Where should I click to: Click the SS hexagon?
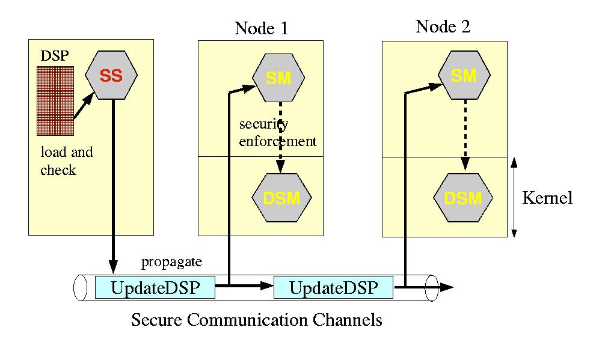click(111, 76)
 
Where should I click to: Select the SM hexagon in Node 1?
click(278, 78)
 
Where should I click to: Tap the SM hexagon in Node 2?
click(463, 75)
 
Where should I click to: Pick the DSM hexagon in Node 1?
click(281, 197)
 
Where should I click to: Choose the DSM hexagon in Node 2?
click(463, 197)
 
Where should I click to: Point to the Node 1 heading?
click(261, 28)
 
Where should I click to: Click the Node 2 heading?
click(443, 26)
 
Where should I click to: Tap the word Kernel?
click(547, 198)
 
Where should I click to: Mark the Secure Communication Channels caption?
click(256, 319)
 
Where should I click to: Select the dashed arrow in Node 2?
click(464, 131)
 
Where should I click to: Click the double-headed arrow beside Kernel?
click(514, 197)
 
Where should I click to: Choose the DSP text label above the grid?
click(55, 56)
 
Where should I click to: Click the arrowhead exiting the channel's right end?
click(446, 287)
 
